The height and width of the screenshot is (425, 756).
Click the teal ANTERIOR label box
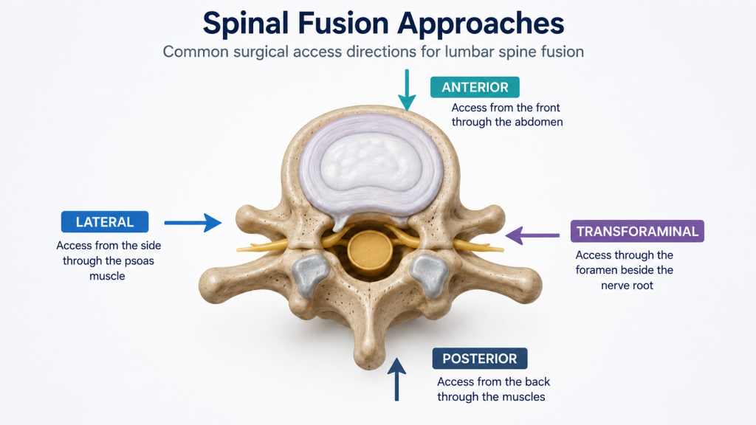coord(475,87)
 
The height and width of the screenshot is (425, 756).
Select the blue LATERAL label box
coord(105,221)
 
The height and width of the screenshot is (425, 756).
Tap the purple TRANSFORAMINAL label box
coord(637,231)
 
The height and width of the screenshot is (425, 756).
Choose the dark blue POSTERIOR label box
coord(480,359)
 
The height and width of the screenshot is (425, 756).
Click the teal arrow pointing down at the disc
coord(407,90)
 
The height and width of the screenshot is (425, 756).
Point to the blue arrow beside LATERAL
coord(193,223)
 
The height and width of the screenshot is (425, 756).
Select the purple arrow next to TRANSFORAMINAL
coord(532,235)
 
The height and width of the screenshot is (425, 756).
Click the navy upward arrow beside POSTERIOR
coord(396,379)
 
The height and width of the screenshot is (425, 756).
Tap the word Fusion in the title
coord(342,23)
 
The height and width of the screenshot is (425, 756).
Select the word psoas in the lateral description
coord(139,261)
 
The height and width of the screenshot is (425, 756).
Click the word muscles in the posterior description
coord(525,397)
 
